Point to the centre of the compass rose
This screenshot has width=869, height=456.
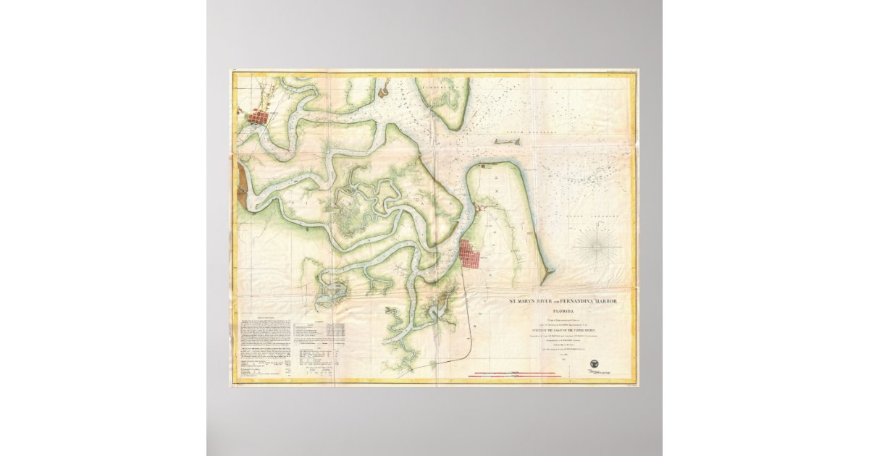[597, 246]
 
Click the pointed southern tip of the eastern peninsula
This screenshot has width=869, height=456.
[550, 273]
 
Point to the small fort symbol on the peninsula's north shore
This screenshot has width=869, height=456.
[484, 167]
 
